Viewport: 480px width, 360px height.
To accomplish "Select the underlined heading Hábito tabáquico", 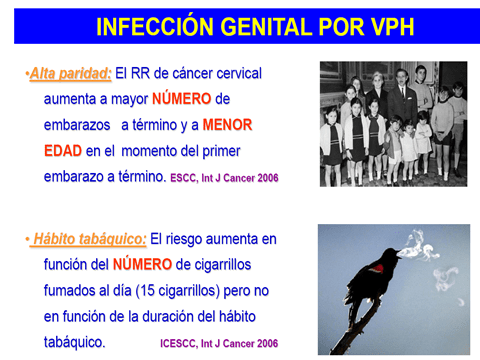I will (x=89, y=239).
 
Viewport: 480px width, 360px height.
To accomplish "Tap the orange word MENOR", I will (x=226, y=126).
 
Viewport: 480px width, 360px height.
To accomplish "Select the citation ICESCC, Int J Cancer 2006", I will (x=218, y=342).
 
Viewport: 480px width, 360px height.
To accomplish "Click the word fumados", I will (x=75, y=290).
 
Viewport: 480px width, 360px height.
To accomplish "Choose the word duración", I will (x=173, y=315).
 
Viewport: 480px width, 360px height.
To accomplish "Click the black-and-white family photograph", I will (x=393, y=124).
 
